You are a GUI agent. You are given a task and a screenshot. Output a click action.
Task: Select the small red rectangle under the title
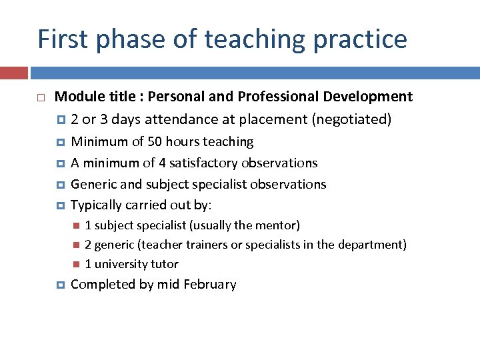click(13, 73)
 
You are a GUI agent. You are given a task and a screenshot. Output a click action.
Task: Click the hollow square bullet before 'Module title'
click(41, 98)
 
